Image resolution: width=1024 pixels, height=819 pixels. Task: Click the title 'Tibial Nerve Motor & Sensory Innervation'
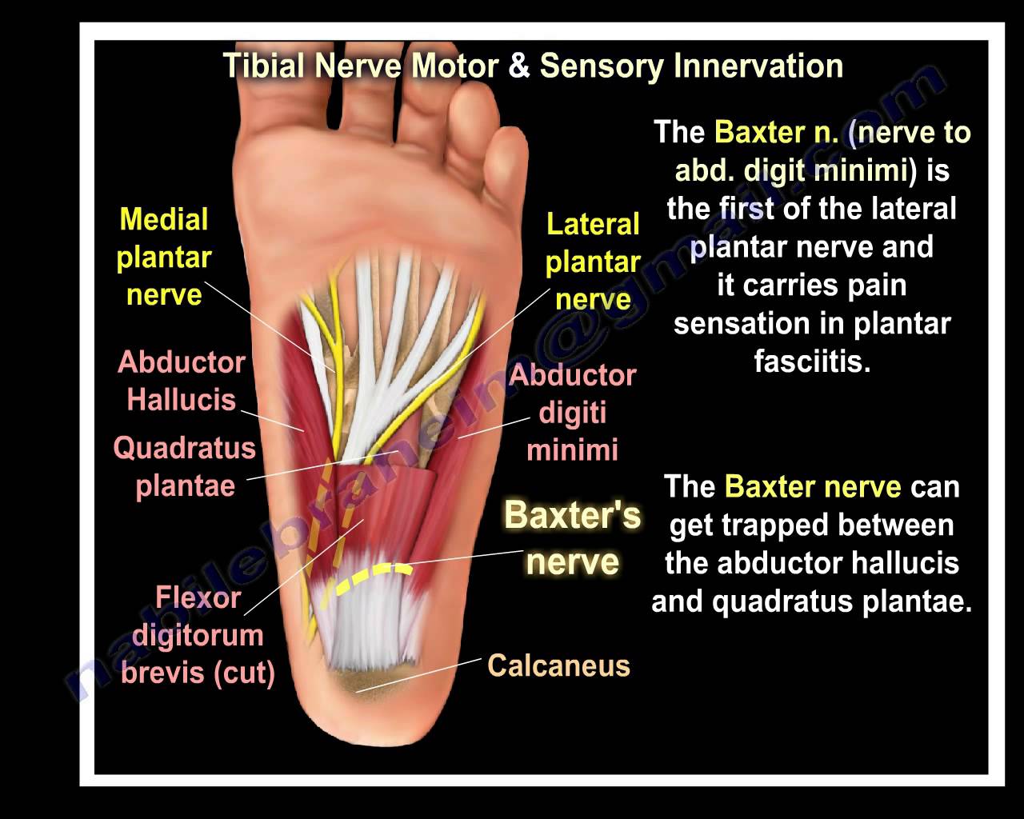(533, 66)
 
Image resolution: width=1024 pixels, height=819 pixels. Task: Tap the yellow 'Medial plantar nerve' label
(164, 257)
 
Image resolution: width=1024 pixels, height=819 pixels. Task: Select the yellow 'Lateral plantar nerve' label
(592, 262)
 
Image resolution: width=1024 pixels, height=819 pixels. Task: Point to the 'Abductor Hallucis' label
(182, 381)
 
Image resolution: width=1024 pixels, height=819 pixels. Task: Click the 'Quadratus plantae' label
(185, 466)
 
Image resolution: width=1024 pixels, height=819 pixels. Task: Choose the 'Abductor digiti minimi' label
(572, 412)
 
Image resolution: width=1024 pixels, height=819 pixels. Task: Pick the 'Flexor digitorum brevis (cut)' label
(198, 635)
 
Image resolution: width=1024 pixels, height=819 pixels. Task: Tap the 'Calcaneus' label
(558, 665)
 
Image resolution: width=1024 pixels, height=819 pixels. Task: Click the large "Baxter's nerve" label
(572, 538)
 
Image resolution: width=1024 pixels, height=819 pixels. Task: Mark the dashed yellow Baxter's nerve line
(373, 577)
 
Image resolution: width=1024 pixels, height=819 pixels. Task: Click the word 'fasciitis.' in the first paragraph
(811, 362)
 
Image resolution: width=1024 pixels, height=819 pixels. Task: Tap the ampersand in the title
(518, 66)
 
